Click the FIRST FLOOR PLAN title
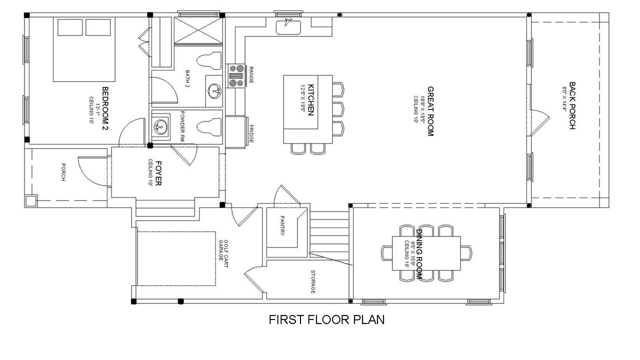(327, 320)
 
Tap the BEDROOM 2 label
(105, 108)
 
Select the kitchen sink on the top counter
(288, 25)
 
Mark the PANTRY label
(282, 225)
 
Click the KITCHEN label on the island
(310, 100)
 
